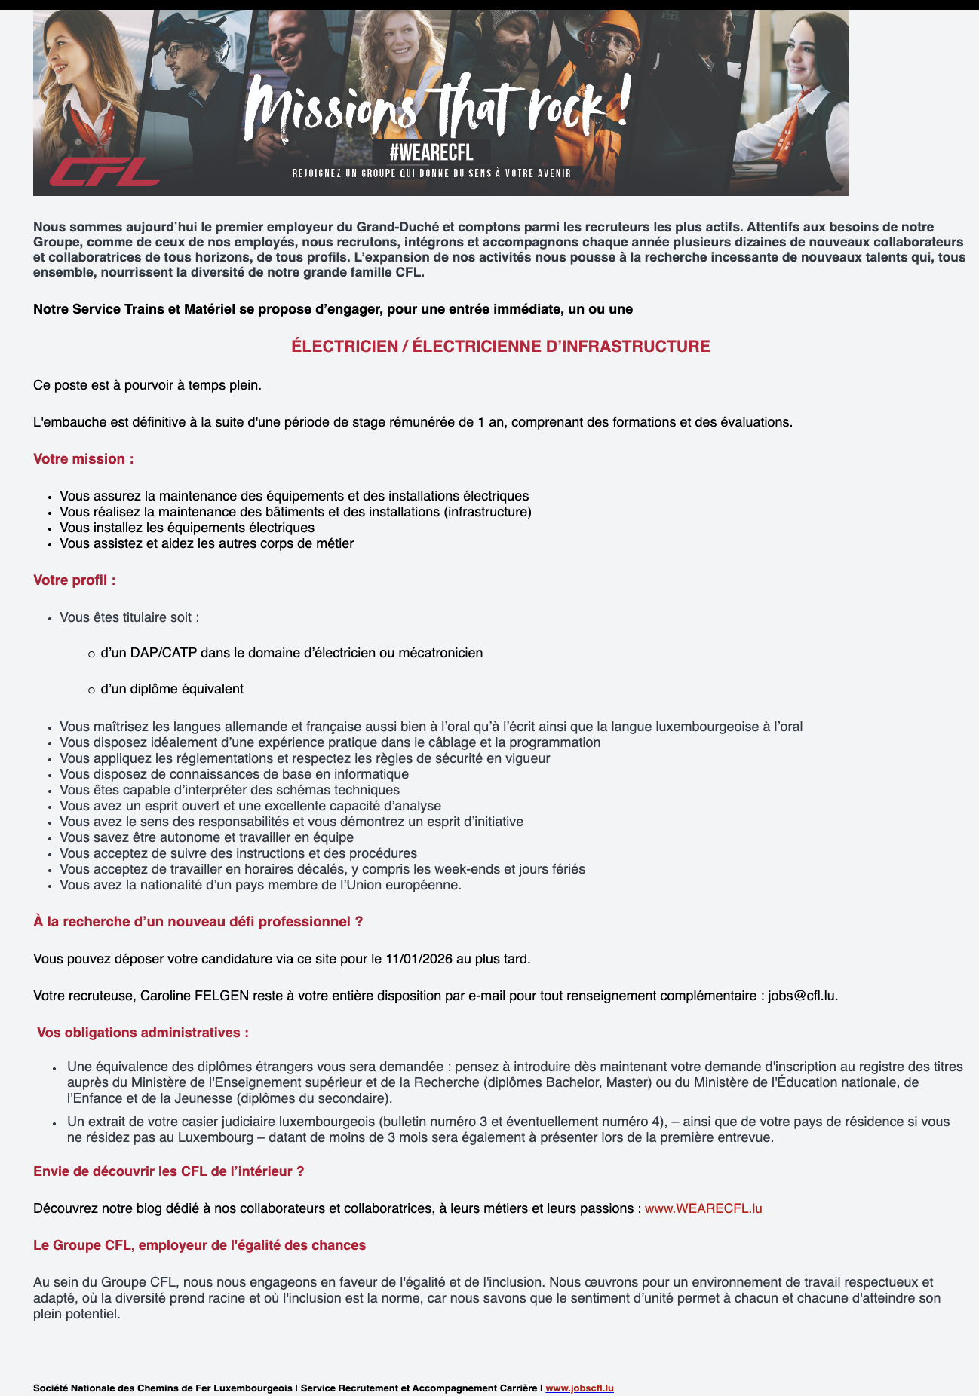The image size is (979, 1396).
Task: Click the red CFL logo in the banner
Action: pos(104,172)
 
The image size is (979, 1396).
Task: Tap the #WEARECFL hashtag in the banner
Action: pos(431,152)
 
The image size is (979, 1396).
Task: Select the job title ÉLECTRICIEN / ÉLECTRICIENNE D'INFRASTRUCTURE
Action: pos(501,347)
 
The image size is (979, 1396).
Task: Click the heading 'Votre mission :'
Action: pos(84,459)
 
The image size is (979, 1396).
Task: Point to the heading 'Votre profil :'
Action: pos(75,580)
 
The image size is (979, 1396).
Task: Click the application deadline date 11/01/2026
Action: pos(417,959)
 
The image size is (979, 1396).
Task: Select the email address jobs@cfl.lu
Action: pos(802,996)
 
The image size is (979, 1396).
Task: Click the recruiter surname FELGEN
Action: pos(222,996)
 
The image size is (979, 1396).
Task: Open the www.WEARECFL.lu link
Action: pos(703,1208)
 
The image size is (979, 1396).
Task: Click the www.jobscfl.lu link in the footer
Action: pos(579,1388)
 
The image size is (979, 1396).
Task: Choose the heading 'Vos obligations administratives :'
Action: pos(143,1033)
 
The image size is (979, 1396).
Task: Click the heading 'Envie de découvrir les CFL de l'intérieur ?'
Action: pos(169,1171)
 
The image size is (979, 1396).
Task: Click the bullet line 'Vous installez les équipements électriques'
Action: pos(187,528)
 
